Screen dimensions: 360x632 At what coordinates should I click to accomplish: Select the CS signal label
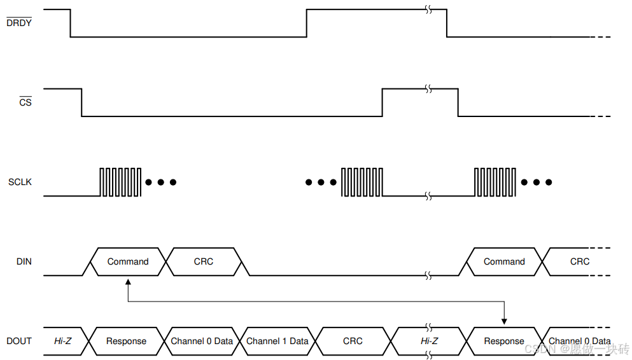tap(25, 102)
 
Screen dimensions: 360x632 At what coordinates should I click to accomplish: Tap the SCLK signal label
tap(20, 182)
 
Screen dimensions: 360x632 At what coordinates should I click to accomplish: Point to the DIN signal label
tap(24, 261)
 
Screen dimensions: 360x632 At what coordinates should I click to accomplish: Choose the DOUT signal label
tap(19, 341)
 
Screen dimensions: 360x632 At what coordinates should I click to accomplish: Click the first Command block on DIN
tap(127, 261)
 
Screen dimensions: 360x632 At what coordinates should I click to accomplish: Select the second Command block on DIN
tap(504, 261)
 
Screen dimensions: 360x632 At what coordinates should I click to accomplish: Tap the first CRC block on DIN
tap(204, 261)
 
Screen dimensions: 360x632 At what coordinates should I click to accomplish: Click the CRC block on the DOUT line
tap(353, 341)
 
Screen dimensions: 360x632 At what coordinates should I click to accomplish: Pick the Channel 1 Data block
tap(277, 341)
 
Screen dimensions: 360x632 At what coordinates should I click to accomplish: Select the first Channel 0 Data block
tap(202, 341)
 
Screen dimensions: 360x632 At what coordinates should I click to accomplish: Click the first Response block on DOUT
tap(126, 341)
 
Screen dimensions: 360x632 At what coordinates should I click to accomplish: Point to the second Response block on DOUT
tap(504, 341)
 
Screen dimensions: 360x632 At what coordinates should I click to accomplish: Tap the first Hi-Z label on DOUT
tap(62, 341)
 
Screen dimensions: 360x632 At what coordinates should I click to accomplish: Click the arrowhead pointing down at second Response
tap(504, 322)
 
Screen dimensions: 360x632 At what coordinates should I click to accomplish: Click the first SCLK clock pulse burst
tap(120, 182)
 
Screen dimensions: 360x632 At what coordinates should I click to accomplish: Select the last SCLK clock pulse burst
tap(495, 182)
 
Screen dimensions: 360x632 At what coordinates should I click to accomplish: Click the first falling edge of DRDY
tap(70, 24)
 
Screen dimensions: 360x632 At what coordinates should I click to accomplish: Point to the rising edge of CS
tap(382, 102)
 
